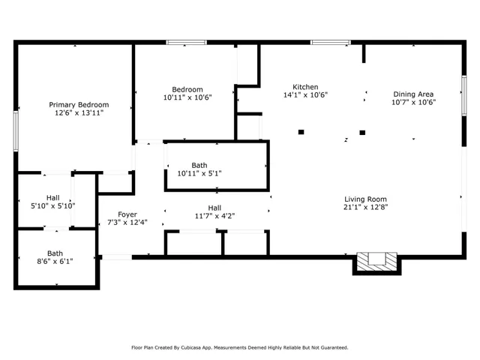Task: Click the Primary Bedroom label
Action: point(79,104)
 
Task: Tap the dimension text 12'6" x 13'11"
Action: point(79,113)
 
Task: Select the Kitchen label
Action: point(305,87)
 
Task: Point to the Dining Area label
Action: point(414,94)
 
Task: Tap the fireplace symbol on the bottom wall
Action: point(376,261)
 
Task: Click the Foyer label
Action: point(116,214)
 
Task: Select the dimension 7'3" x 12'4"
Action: point(116,222)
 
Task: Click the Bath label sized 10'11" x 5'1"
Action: point(199,165)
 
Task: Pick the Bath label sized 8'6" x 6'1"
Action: point(55,253)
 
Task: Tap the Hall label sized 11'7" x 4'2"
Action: point(214,208)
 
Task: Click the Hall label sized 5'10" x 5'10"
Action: point(52,197)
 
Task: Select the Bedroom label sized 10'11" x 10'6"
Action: point(187,89)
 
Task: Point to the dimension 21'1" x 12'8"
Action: point(365,207)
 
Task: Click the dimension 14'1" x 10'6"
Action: point(305,95)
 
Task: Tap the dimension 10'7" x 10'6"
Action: point(414,103)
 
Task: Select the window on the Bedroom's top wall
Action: point(186,43)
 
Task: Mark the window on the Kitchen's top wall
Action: point(330,43)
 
